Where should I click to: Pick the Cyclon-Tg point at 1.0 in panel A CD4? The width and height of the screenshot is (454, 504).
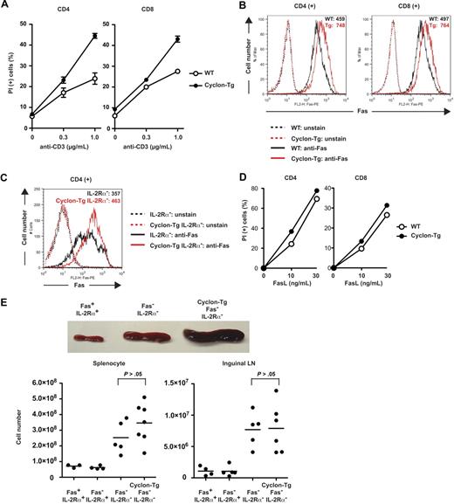94,36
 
